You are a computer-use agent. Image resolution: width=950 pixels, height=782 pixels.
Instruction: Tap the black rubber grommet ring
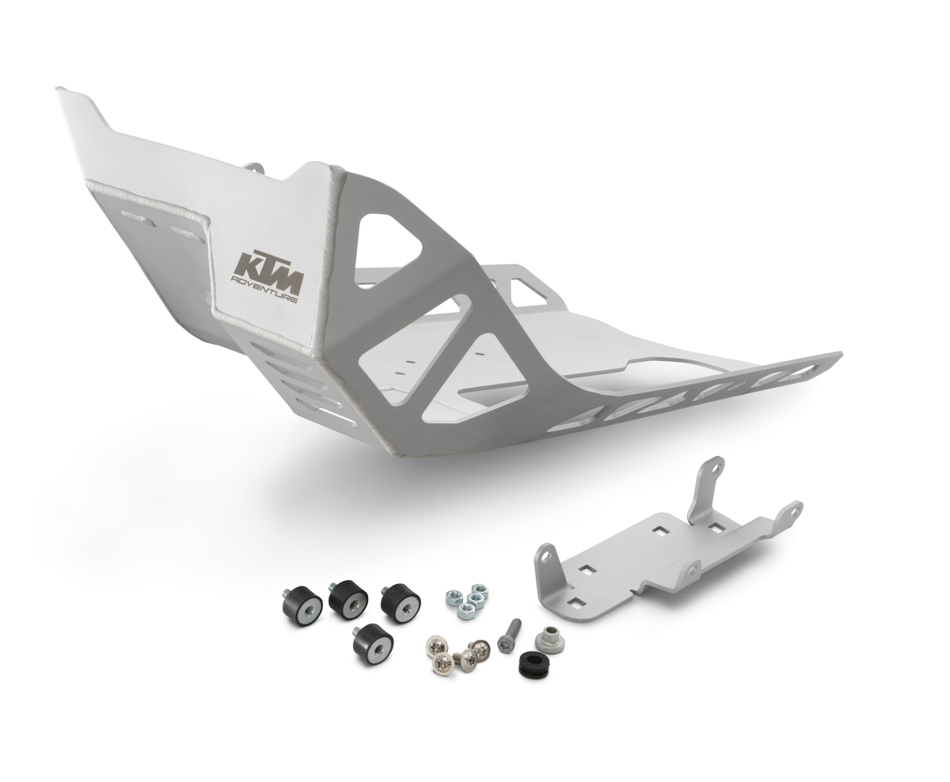(534, 664)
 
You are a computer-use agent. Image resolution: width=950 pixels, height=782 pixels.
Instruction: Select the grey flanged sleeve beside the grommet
(549, 640)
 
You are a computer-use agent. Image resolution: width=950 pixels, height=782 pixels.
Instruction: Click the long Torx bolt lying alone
(508, 636)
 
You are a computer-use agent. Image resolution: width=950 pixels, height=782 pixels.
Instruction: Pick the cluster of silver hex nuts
(467, 602)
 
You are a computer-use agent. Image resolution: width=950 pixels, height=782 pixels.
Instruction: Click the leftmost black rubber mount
(302, 605)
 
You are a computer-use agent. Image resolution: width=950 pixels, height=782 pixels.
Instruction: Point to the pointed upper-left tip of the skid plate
(63, 92)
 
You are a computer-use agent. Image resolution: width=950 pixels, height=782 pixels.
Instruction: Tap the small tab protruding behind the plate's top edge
(254, 167)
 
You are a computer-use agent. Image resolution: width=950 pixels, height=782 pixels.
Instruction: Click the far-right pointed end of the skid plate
(838, 355)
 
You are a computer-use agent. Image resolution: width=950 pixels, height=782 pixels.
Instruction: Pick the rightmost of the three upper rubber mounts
(400, 603)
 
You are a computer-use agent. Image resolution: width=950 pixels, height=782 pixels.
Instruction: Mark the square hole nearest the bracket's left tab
(587, 568)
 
